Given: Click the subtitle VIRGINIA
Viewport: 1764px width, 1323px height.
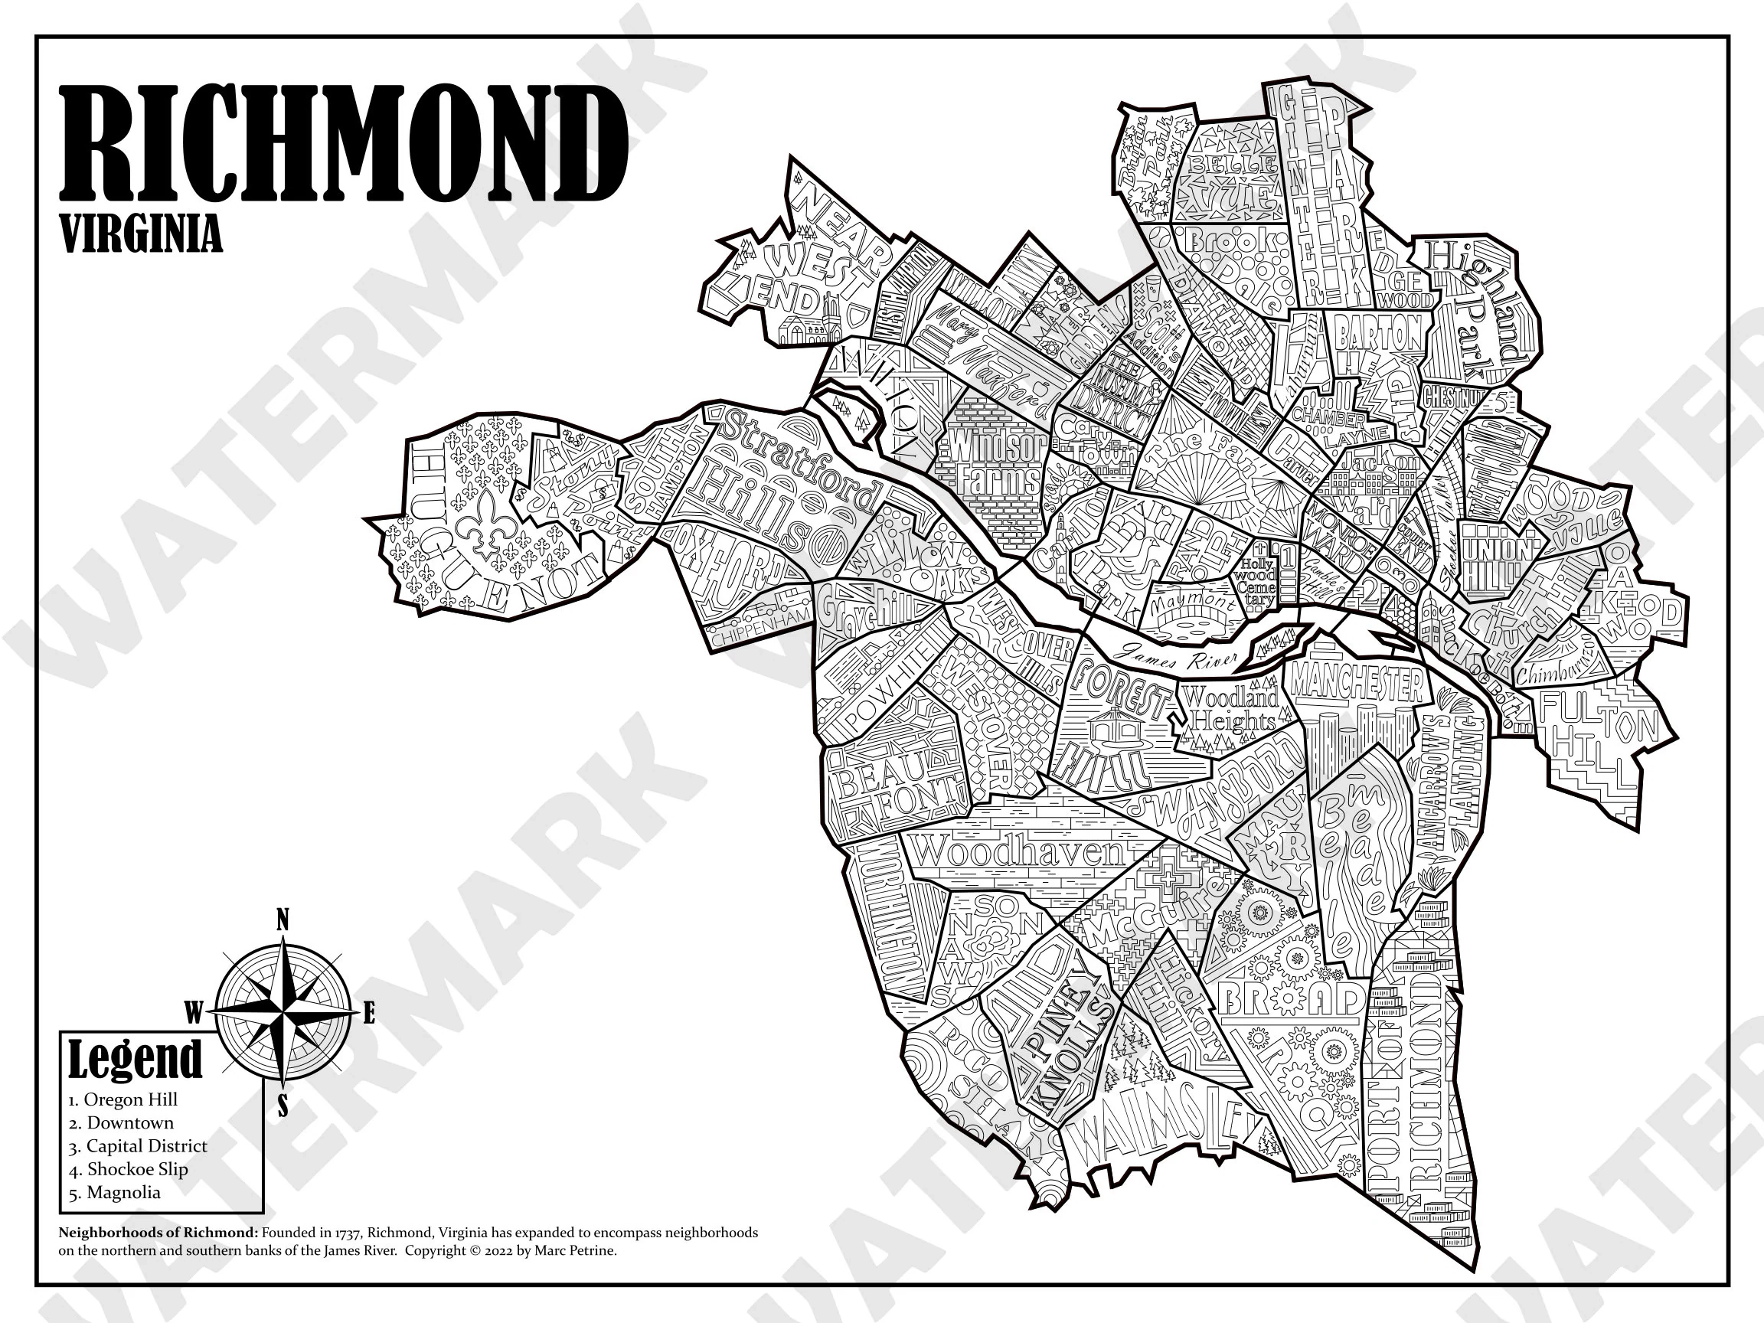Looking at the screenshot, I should [141, 236].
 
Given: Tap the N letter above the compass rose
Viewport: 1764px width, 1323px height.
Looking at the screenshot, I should [282, 921].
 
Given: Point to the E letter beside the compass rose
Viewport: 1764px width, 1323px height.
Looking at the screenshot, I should [368, 1015].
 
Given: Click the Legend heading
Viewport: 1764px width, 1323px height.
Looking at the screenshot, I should [135, 1060].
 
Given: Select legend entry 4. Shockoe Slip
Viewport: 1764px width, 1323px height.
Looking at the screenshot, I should [128, 1169].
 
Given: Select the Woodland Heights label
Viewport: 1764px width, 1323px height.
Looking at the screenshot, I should [1230, 709].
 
